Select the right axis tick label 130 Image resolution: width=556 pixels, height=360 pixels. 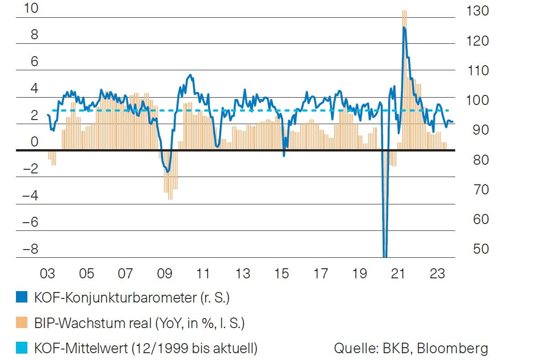click(x=478, y=11)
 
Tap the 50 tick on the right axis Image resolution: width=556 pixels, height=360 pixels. click(x=478, y=249)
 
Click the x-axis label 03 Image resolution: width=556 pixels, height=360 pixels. click(x=47, y=274)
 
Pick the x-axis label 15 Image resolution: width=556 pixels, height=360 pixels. click(x=282, y=274)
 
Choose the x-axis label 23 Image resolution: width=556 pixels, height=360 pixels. click(x=437, y=274)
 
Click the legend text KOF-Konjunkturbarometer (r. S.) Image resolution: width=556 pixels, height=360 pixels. click(x=131, y=298)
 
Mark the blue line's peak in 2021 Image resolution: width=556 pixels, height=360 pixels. click(x=404, y=28)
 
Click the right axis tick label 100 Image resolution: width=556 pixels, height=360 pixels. click(x=478, y=100)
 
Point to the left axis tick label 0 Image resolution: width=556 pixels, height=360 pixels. click(x=35, y=142)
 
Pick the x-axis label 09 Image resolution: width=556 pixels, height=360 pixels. click(x=165, y=274)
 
